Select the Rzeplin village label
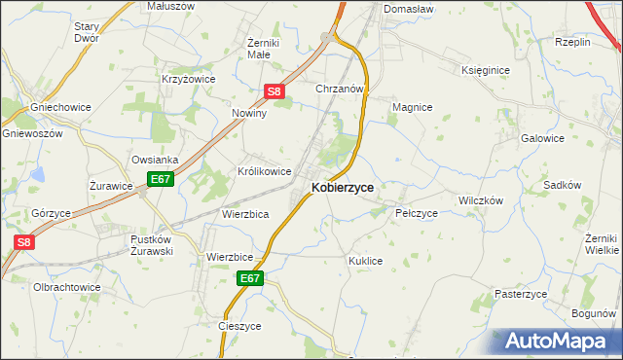coord(572,42)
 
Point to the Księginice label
coord(487,71)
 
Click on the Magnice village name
coord(411,107)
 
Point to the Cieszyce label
coord(240,327)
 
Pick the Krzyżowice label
coord(189,80)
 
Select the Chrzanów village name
coord(340,89)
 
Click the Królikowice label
coord(265,171)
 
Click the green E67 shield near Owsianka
coord(161,179)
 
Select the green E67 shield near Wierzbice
coord(250,278)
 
